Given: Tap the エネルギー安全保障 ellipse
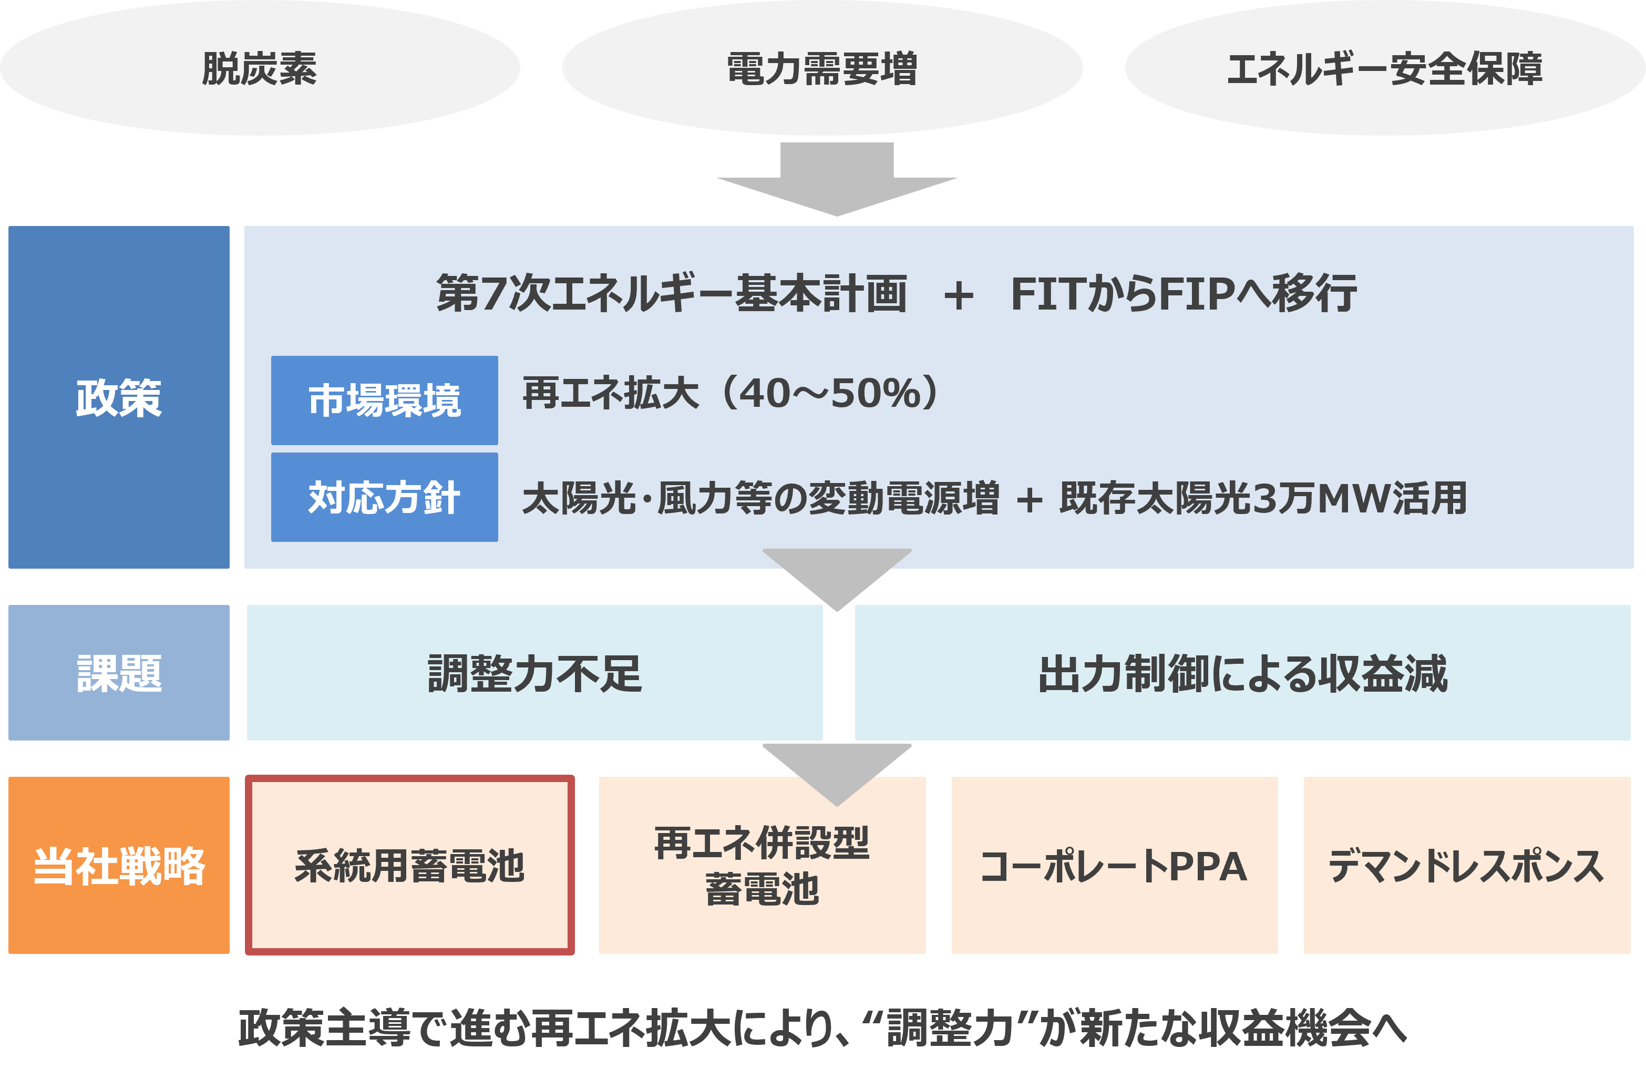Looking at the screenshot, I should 1385,68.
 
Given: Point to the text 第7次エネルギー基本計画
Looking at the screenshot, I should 671,293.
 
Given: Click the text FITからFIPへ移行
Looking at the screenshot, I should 1184,293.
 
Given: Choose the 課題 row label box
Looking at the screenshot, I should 118,673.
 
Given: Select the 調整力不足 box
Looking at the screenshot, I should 534,673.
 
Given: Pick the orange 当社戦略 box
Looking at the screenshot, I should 118,865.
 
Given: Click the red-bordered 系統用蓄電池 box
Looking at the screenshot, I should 409,865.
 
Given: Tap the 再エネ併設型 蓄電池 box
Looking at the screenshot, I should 762,865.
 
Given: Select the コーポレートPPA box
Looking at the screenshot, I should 1114,865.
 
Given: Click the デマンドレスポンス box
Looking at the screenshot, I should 1466,865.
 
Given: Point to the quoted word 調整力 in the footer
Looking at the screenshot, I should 950,1029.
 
